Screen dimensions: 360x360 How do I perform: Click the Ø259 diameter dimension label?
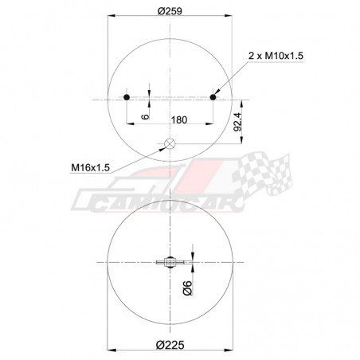(x=170, y=10)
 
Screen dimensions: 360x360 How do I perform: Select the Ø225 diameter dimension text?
(x=170, y=344)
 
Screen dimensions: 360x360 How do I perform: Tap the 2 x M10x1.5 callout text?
(x=276, y=54)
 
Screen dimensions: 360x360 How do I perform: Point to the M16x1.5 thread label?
(x=89, y=167)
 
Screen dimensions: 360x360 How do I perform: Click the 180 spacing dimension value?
(x=179, y=120)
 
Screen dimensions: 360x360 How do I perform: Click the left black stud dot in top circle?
(x=127, y=97)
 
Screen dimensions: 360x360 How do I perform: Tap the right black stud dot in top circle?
(x=213, y=97)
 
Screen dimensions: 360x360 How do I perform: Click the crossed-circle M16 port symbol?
(x=169, y=144)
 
